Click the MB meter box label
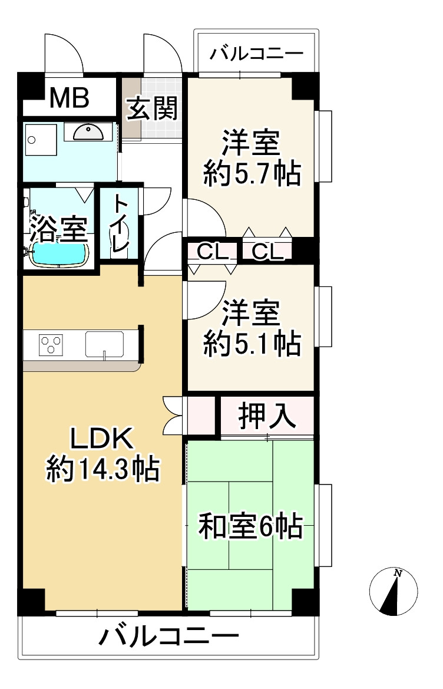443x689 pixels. (x=69, y=98)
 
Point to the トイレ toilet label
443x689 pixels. (x=120, y=224)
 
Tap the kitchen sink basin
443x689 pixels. (x=104, y=344)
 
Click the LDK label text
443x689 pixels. (x=103, y=439)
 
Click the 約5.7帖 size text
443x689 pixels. (x=252, y=173)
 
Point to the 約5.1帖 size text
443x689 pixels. (x=252, y=344)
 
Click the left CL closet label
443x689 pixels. (x=212, y=252)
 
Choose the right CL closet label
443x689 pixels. (x=267, y=252)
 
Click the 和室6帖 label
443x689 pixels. (x=250, y=526)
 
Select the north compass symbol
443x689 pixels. (x=394, y=592)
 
